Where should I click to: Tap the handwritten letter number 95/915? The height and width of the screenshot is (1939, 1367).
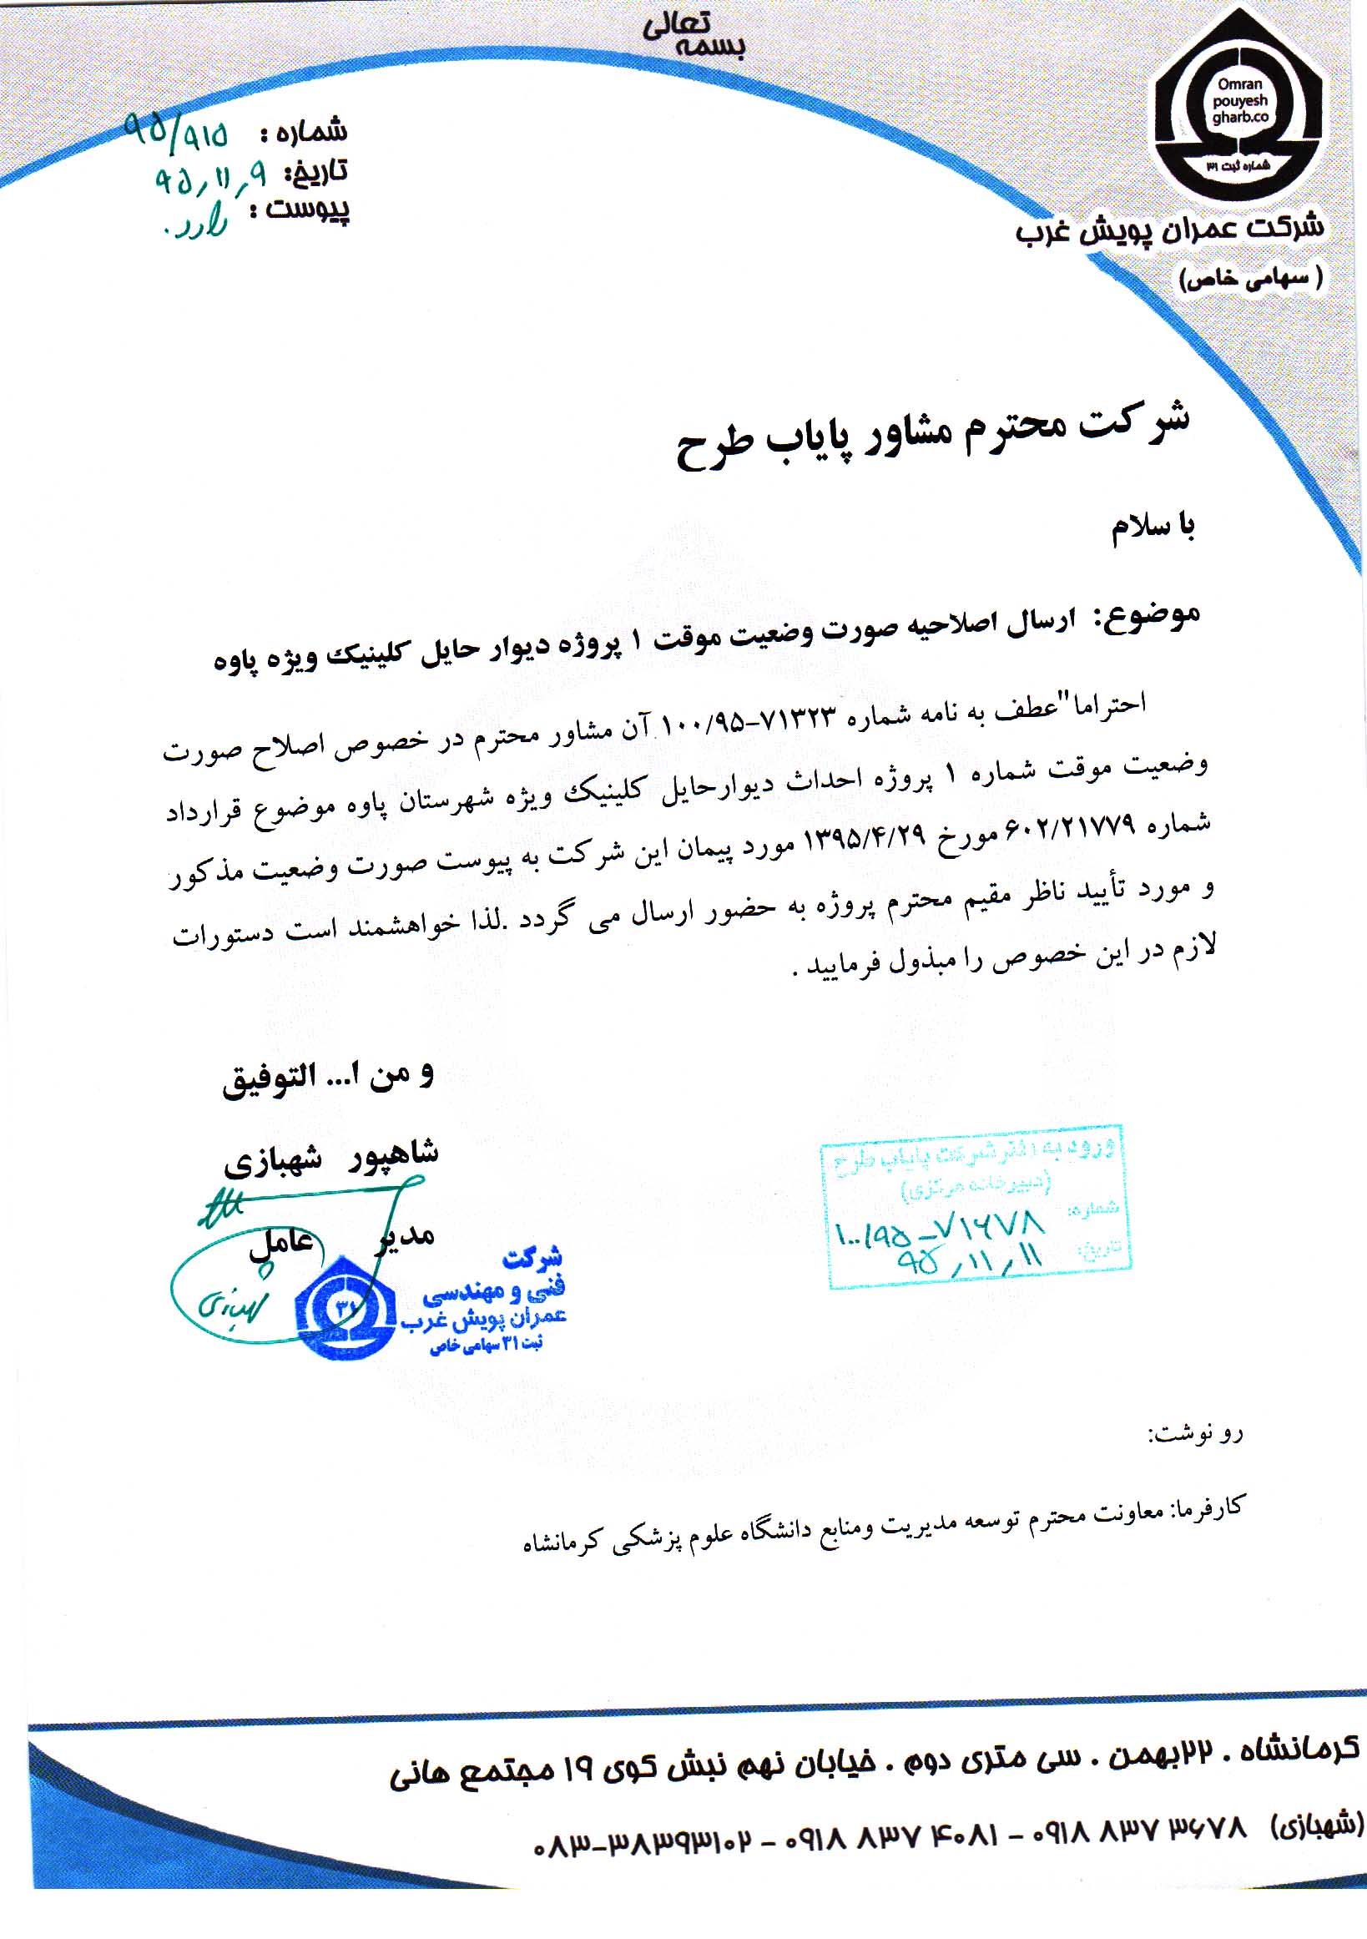click(x=175, y=131)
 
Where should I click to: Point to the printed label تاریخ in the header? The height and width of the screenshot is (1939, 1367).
click(x=315, y=171)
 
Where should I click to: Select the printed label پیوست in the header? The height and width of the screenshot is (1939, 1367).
click(x=307, y=209)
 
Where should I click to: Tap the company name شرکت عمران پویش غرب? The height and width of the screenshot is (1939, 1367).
click(x=1170, y=228)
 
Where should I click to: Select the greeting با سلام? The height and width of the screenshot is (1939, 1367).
click(x=1152, y=528)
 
